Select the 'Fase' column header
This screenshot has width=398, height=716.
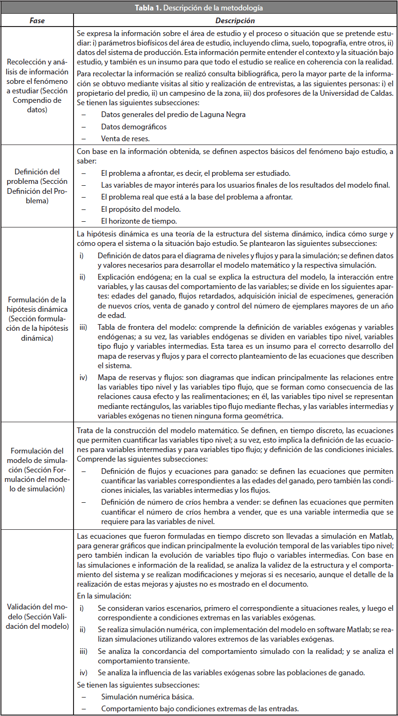(37, 21)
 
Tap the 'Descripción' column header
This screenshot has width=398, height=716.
(235, 21)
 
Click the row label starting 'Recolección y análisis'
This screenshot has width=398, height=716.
(37, 87)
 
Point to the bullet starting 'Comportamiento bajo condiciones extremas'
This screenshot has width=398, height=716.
(200, 708)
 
